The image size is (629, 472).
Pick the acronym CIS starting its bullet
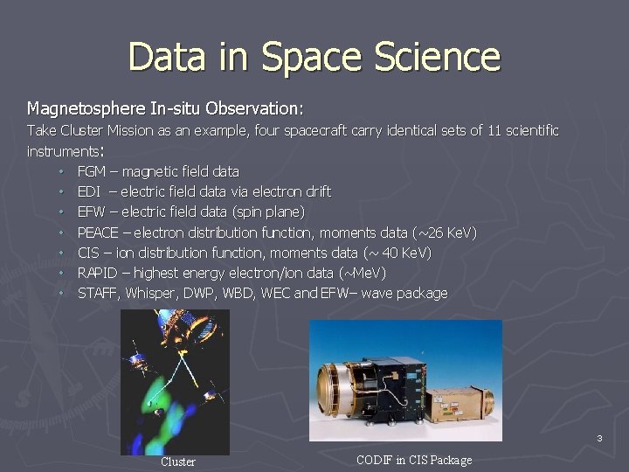87,253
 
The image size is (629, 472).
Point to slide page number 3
599,437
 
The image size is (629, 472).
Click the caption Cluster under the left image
178,462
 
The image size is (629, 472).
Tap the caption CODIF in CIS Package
414,460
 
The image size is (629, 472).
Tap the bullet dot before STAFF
63,294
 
